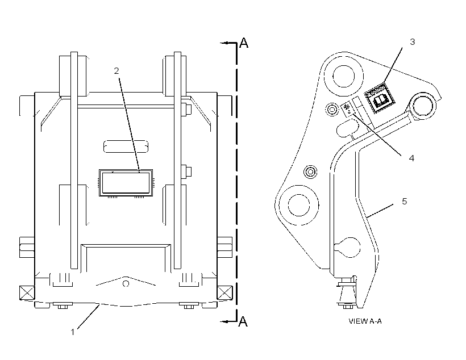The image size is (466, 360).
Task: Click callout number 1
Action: [x=73, y=332]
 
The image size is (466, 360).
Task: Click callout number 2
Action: [x=116, y=70]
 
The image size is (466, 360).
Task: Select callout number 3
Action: [x=412, y=42]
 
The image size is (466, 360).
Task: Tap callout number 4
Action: [x=411, y=158]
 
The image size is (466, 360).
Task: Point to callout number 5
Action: [x=405, y=202]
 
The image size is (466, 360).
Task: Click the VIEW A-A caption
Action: [x=365, y=321]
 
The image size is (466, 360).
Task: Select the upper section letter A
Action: [x=244, y=43]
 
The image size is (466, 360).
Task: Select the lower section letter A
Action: [x=243, y=321]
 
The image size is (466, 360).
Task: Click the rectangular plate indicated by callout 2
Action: [x=126, y=183]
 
